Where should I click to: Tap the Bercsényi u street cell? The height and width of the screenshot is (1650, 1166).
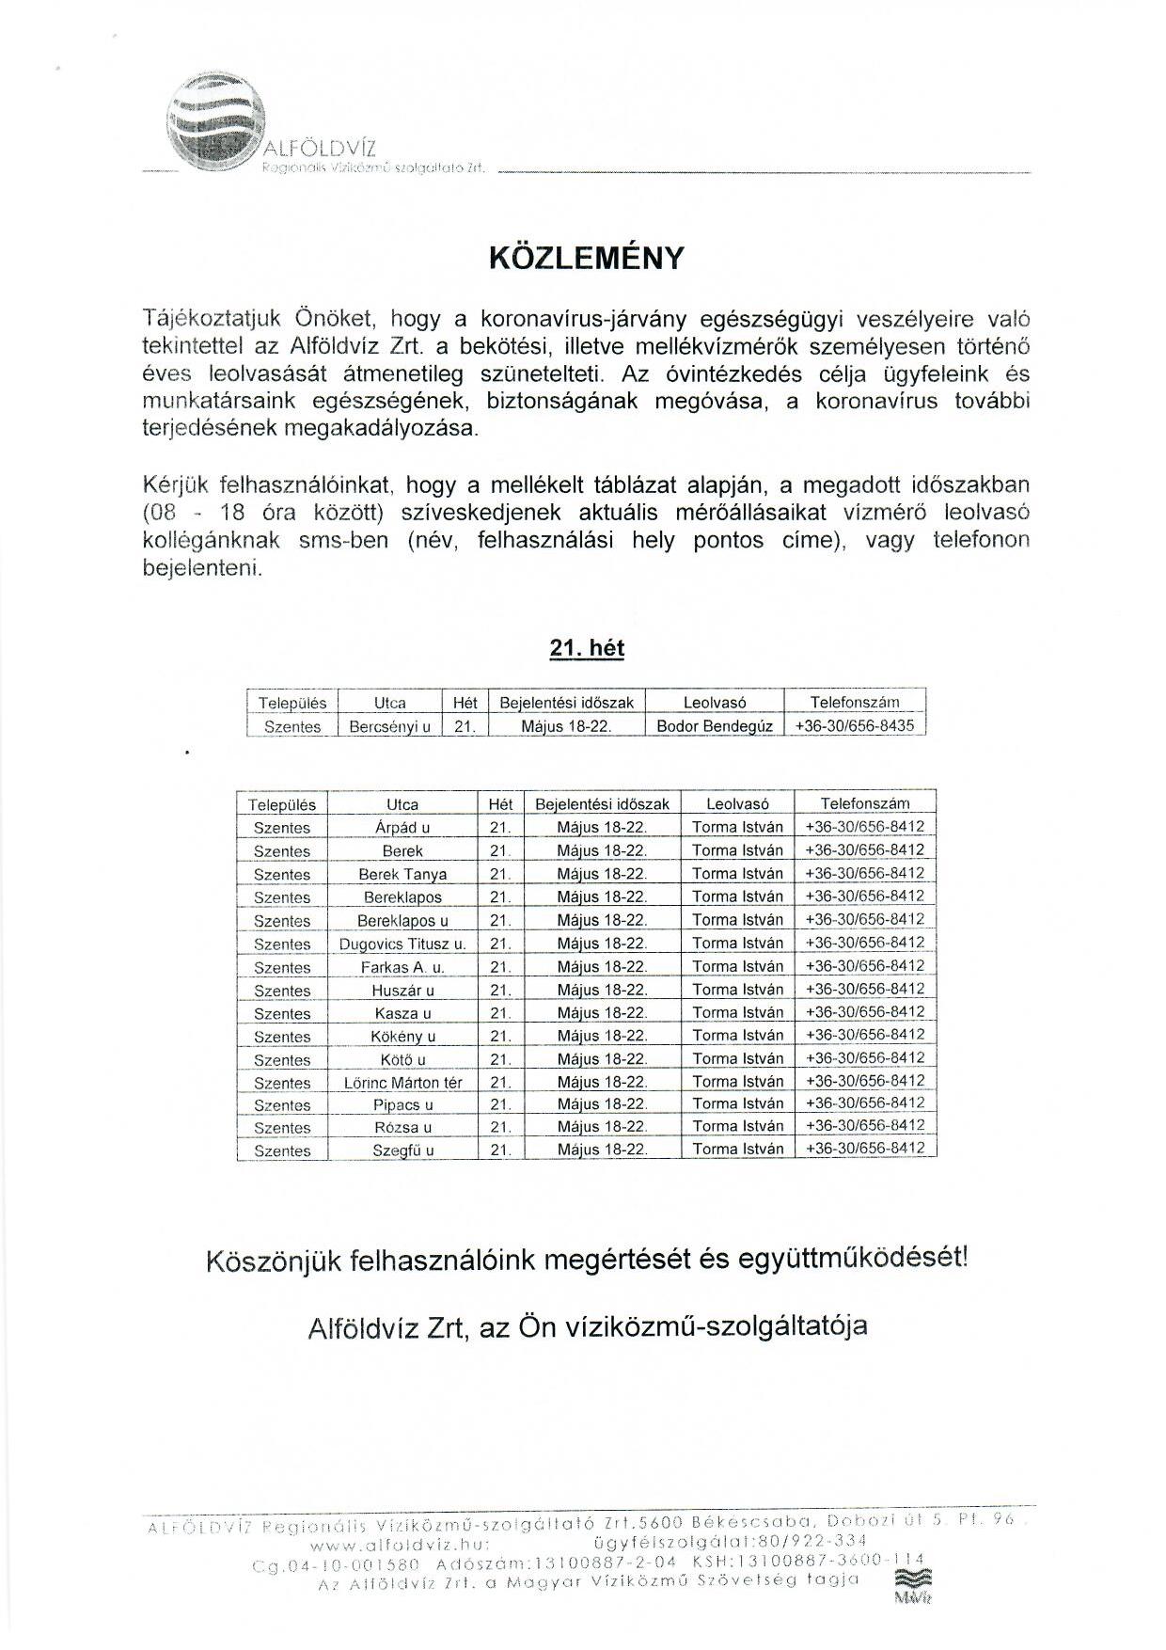click(389, 726)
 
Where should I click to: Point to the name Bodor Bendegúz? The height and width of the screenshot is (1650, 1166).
click(715, 726)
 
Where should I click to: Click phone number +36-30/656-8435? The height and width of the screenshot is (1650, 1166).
click(854, 726)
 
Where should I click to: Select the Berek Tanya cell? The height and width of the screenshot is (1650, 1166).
click(402, 874)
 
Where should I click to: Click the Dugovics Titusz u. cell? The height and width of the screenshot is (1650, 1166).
click(402, 944)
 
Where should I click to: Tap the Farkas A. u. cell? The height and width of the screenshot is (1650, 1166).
click(402, 967)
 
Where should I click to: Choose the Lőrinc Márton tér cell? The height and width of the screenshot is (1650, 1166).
click(402, 1083)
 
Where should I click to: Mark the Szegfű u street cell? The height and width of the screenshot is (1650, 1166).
click(402, 1150)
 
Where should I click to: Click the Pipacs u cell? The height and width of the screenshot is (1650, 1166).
click(402, 1105)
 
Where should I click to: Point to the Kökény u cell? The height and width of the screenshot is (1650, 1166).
click(402, 1037)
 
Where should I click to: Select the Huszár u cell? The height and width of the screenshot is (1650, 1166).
click(402, 991)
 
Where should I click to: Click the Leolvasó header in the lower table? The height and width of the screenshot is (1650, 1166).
click(737, 804)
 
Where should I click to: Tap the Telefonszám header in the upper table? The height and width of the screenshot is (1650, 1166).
click(854, 703)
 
